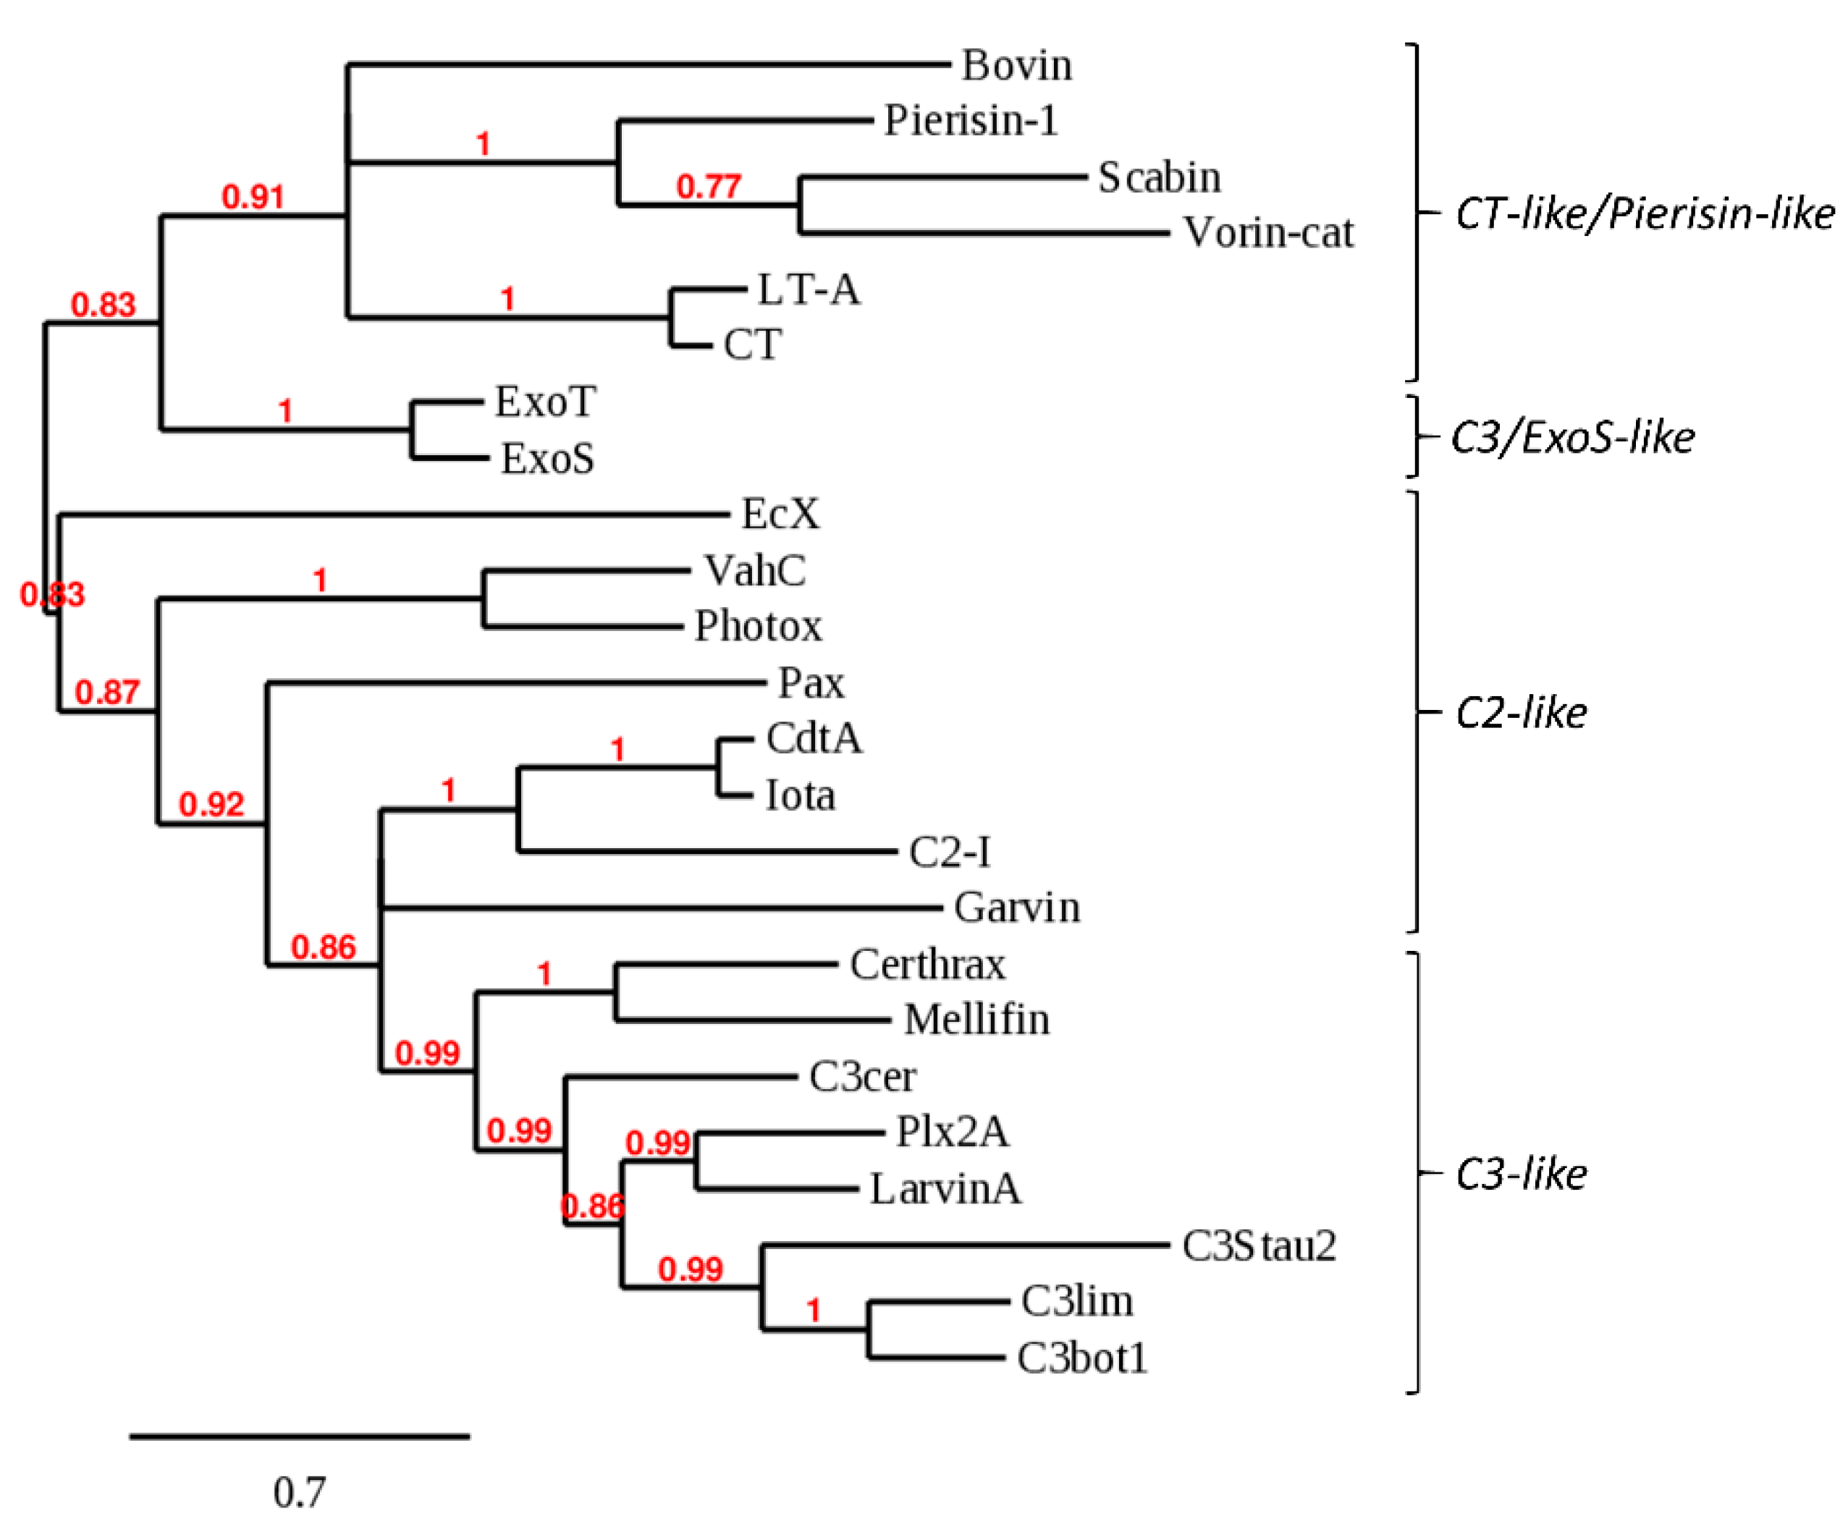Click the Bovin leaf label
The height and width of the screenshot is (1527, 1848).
[1016, 65]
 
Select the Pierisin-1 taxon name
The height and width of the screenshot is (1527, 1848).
[970, 121]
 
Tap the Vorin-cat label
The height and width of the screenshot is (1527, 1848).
[1267, 233]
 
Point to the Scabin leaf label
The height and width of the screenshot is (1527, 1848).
[1158, 178]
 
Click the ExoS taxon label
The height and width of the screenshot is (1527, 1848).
[547, 458]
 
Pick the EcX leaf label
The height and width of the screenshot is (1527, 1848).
[780, 515]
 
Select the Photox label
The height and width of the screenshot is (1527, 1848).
[757, 626]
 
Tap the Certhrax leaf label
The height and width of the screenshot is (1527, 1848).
[927, 964]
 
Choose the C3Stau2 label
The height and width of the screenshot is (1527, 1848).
[1259, 1245]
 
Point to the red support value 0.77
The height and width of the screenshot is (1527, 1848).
[708, 187]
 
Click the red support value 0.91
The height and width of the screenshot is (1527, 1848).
[253, 197]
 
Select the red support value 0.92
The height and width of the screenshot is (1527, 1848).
[211, 804]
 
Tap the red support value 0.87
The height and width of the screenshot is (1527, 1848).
[106, 693]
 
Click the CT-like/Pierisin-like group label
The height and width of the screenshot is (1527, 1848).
[1644, 213]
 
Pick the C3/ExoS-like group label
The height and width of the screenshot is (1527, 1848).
[1571, 437]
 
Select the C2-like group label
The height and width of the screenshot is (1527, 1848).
[1521, 713]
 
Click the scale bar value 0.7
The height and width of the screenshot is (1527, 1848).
[299, 1492]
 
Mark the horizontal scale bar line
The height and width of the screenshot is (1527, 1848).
[299, 1437]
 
